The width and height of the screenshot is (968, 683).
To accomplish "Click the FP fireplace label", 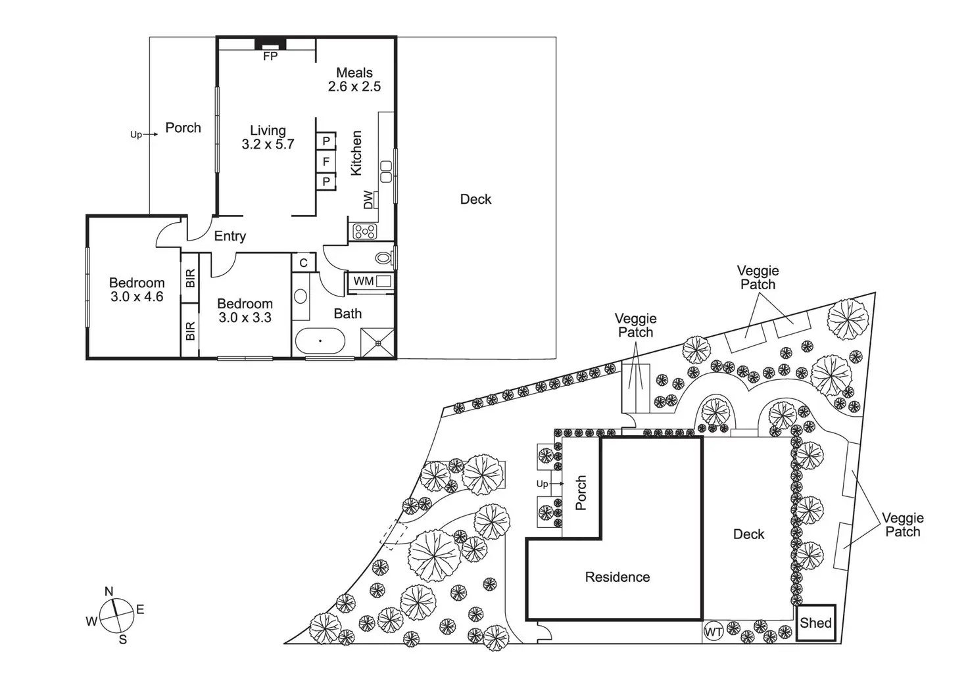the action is click(x=270, y=57).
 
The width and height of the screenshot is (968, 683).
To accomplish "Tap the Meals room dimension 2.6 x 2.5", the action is click(x=354, y=87).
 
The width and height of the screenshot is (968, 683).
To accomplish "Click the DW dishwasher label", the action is click(x=368, y=199).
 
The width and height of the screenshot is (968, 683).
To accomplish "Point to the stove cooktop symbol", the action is click(x=364, y=231).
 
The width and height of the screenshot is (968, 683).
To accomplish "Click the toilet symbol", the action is click(x=385, y=256).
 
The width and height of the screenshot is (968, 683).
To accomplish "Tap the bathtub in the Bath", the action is click(x=320, y=341).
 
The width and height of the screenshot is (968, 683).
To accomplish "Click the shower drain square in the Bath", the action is click(x=377, y=342).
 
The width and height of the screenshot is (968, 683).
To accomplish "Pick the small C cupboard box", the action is click(x=304, y=263).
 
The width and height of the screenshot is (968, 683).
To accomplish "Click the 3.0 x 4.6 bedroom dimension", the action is click(x=137, y=297).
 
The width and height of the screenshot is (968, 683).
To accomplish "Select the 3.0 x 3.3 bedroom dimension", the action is click(x=245, y=318).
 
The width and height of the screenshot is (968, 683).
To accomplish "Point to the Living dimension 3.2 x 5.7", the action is click(x=268, y=145).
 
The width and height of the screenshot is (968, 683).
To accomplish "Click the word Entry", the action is click(x=230, y=236).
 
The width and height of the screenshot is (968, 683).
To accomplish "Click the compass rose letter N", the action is click(x=109, y=591).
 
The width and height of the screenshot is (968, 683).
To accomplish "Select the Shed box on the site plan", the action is click(x=816, y=623).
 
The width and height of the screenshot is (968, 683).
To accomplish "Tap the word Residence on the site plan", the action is click(x=617, y=577).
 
